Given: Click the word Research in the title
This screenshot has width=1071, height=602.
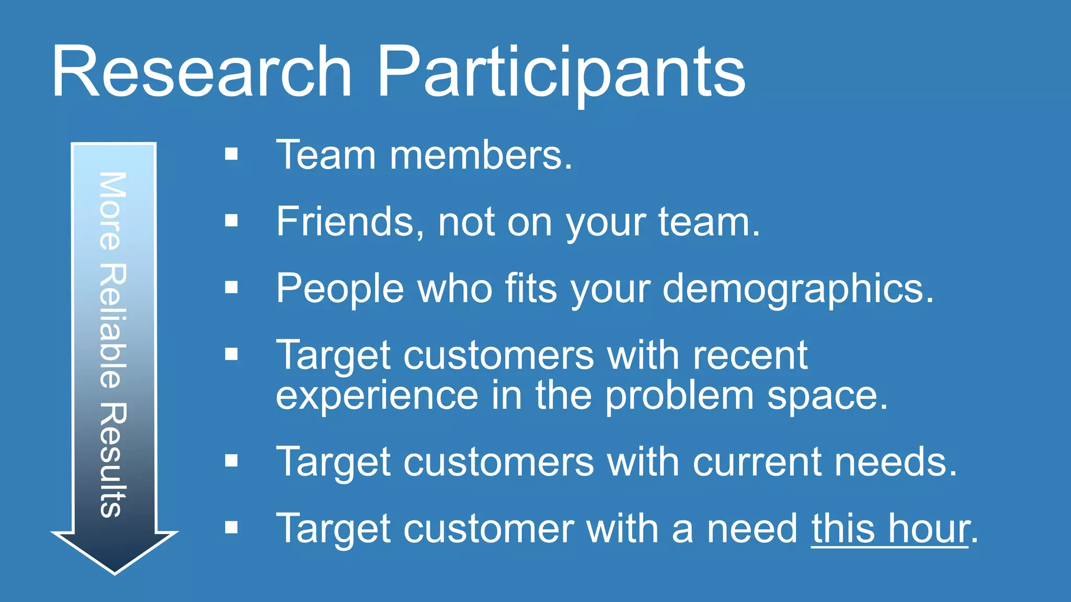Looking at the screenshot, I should coord(202,72).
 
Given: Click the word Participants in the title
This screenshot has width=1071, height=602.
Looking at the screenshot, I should coord(561,72).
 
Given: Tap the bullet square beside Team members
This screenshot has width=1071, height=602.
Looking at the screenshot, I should coord(231,154).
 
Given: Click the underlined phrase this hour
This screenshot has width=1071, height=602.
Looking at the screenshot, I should coord(890,529).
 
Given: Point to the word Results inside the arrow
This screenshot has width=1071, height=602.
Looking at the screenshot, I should coord(112,460).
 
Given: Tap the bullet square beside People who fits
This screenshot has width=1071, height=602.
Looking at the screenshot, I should coord(231,287).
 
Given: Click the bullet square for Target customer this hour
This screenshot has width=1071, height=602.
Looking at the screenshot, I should coord(231,527).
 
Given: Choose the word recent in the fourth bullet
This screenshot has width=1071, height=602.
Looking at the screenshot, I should coord(750,355).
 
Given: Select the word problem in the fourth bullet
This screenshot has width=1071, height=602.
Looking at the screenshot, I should coord(679,396).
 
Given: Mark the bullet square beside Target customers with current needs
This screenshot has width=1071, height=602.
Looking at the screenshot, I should coord(231,460).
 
